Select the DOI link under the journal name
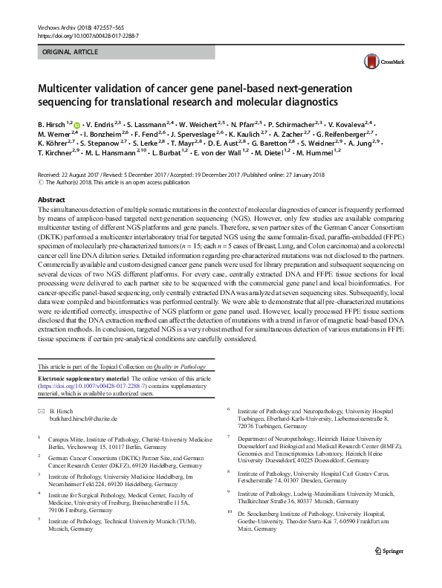86,36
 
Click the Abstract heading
53,200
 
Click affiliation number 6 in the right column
229,410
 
